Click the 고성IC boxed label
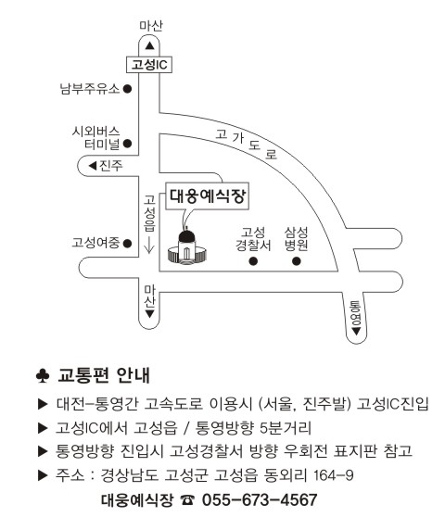tap(149, 64)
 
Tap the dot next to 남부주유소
tap(127, 89)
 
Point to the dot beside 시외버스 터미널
tap(127, 144)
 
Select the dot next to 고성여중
tap(127, 243)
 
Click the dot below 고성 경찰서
tap(253, 261)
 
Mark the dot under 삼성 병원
tap(297, 261)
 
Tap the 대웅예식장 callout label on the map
tap(208, 196)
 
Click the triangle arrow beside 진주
tap(93, 166)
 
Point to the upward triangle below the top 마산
tap(149, 45)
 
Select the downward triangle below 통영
tap(356, 332)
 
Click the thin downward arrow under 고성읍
tap(149, 244)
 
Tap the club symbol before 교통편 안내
tap(43, 375)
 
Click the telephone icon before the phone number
tap(187, 500)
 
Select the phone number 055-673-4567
tap(260, 500)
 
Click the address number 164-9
tap(334, 475)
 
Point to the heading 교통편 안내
tap(104, 375)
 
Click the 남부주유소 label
tap(90, 89)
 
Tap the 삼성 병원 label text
tap(297, 239)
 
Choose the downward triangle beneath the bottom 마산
tap(149, 314)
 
